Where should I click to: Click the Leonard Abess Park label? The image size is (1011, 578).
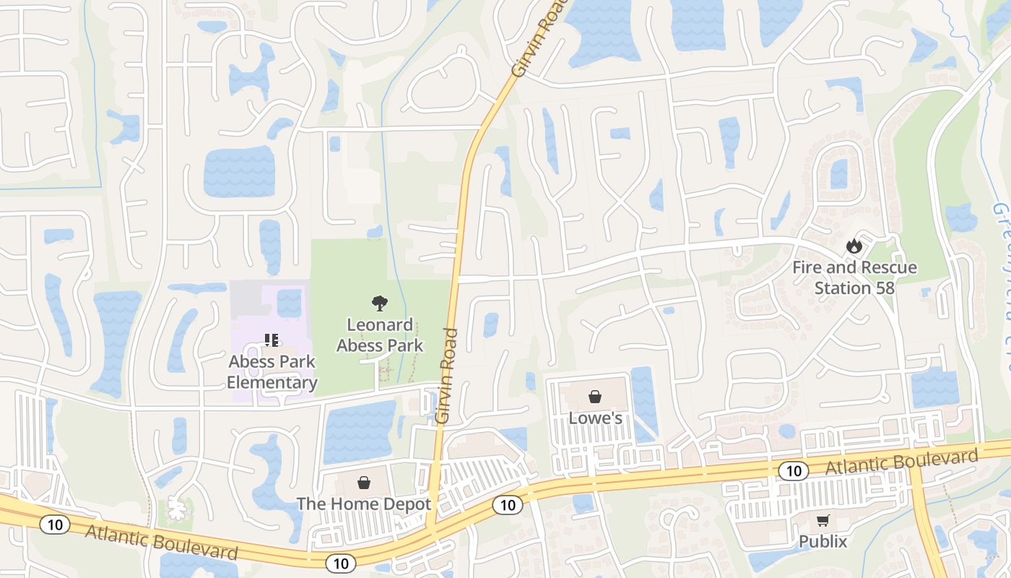pos(380,335)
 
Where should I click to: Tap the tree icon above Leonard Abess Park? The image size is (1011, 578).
pos(378,303)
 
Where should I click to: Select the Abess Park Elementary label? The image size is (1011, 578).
pos(272,371)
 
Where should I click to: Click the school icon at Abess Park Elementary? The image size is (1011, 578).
pos(272,339)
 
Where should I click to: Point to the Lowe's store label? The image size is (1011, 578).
pos(595,418)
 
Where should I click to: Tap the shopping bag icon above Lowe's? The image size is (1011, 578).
pos(595,397)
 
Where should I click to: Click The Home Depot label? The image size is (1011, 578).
pos(364,504)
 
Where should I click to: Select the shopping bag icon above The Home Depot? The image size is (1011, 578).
pos(364,483)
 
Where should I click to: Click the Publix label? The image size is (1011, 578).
pos(823,541)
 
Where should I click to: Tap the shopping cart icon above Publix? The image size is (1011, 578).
pos(823,519)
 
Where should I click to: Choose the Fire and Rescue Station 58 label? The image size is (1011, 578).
pos(854,277)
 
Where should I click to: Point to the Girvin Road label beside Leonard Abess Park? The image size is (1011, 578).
pos(448,376)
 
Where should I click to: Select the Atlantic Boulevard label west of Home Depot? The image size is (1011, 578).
pos(161,543)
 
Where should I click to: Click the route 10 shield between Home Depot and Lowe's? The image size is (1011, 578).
pos(508,505)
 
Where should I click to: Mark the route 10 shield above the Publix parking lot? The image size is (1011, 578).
pos(793,471)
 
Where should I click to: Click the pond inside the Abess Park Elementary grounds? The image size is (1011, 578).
pos(289,302)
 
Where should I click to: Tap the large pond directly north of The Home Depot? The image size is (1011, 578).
pos(359,431)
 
